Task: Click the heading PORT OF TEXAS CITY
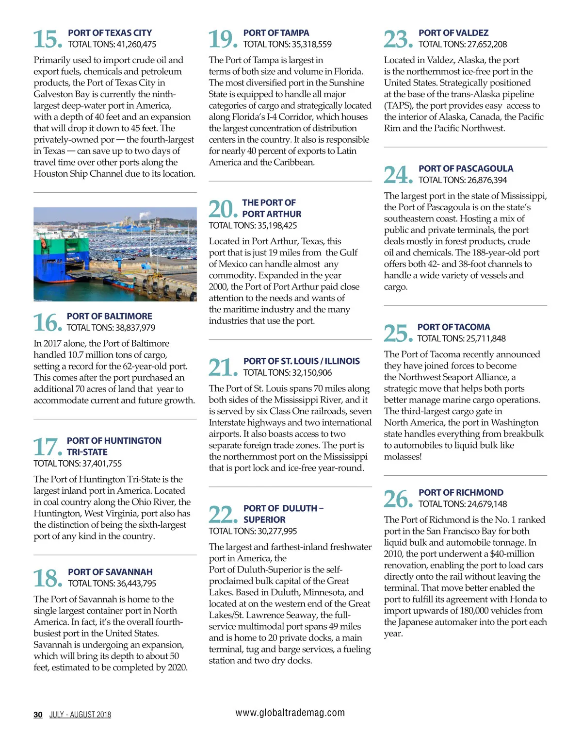(x=110, y=33)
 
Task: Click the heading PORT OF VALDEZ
(x=453, y=33)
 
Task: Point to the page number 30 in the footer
(x=38, y=715)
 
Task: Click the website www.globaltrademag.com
(x=290, y=713)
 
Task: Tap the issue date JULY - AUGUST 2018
(x=80, y=715)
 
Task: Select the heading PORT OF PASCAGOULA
(x=466, y=168)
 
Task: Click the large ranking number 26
(x=398, y=499)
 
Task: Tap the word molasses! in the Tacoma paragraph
(x=403, y=457)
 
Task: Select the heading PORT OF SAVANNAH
(x=110, y=572)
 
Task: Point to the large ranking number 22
(x=223, y=514)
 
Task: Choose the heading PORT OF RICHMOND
(x=461, y=492)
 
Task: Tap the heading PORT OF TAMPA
(x=276, y=33)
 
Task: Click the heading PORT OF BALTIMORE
(x=109, y=316)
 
